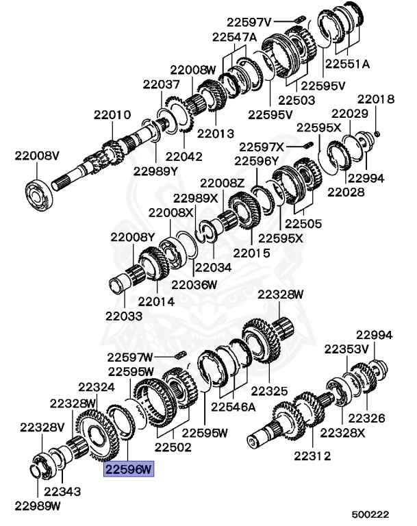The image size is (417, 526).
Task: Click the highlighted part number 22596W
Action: [x=129, y=469]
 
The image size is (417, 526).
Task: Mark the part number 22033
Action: [x=124, y=316]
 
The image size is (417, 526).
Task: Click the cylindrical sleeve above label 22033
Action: [x=121, y=283]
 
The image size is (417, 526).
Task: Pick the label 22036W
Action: [x=194, y=284]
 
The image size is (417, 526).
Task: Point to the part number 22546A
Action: [x=233, y=406]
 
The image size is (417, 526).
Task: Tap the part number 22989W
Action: [x=37, y=506]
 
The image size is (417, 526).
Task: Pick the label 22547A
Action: [x=234, y=36]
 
